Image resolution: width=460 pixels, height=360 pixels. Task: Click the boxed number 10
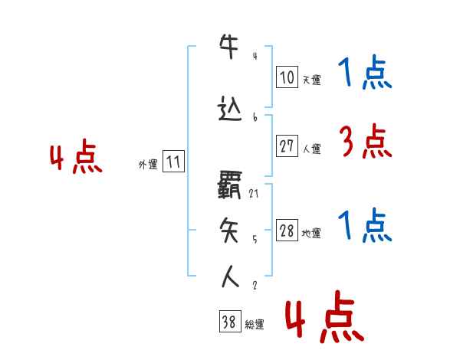tap(287, 77)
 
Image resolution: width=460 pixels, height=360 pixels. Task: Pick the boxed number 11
tap(173, 162)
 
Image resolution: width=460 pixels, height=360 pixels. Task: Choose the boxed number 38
tap(229, 322)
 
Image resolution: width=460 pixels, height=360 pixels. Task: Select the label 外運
tap(147, 164)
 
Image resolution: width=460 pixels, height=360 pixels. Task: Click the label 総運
tap(255, 325)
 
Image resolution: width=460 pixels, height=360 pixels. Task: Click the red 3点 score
tap(364, 142)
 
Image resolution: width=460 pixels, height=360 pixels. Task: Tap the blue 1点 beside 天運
tap(364, 73)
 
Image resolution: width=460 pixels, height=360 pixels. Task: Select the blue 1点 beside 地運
tap(364, 226)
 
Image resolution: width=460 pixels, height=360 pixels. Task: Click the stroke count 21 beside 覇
tap(254, 194)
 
